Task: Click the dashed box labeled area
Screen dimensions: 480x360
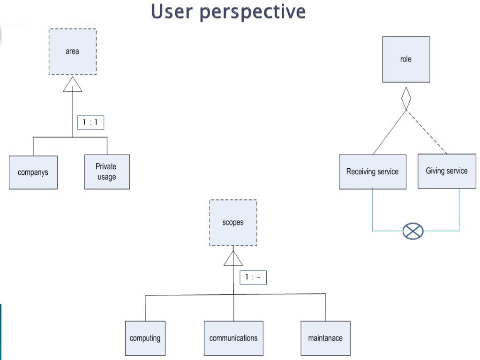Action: pos(73,52)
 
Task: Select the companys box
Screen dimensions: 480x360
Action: pos(33,172)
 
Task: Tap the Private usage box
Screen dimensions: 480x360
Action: pos(107,172)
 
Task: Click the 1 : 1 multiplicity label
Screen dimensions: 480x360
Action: pos(90,122)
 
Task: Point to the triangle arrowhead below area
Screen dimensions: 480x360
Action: pos(73,84)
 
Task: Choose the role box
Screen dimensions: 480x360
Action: pos(406,60)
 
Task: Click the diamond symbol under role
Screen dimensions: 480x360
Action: pos(406,98)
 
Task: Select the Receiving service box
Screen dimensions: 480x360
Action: pos(373,172)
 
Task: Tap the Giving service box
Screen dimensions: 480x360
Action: pos(447,171)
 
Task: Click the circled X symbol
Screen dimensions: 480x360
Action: pos(413,231)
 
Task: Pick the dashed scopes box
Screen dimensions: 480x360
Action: pos(233,223)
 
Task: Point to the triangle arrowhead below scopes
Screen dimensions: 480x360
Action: pos(233,258)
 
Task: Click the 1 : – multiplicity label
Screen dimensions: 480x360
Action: pos(253,277)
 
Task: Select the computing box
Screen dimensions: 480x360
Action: pos(145,338)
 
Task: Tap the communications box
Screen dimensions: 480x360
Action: pos(233,338)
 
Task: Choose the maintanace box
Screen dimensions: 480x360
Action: pos(325,338)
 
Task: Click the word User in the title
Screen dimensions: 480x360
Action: pos(172,11)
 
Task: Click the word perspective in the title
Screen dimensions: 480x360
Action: pos(253,12)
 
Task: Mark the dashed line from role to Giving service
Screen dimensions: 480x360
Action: pos(427,132)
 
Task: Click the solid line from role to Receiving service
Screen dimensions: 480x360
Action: pos(390,133)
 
